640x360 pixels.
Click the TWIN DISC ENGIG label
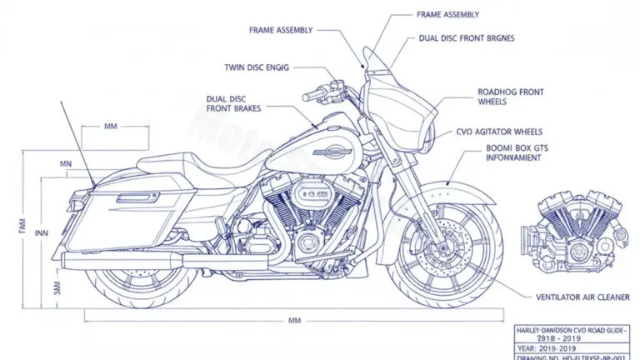tap(257, 67)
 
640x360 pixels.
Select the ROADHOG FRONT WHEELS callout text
tap(510, 96)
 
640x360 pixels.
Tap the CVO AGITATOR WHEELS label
tap(499, 132)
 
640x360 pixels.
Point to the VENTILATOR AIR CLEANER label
tap(583, 297)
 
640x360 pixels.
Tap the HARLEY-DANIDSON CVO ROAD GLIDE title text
tap(572, 332)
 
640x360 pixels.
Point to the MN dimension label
tap(66, 164)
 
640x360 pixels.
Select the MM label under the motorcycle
tap(294, 320)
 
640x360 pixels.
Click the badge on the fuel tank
tap(332, 152)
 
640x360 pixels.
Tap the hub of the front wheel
tap(451, 249)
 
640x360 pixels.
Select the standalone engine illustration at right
tap(573, 225)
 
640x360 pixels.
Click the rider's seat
tap(225, 172)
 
